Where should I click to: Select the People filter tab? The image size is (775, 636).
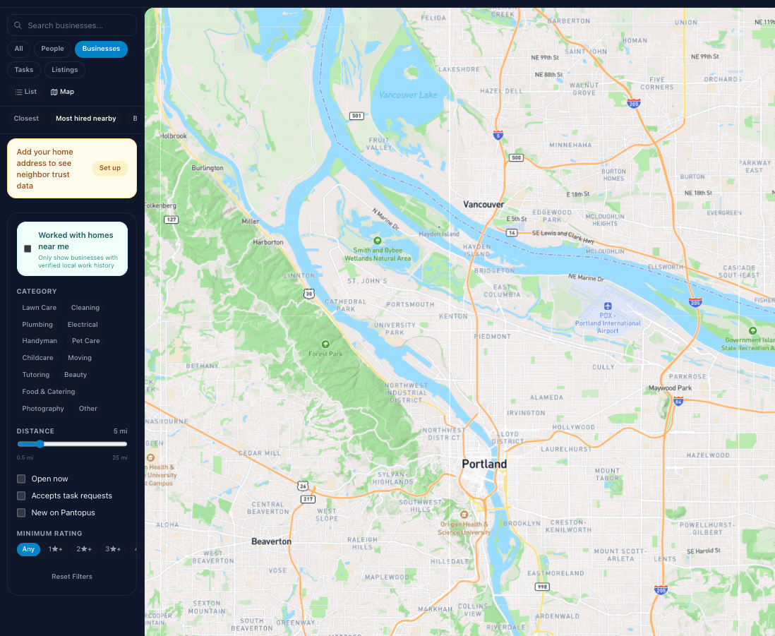pos(52,49)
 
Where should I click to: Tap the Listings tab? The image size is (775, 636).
pos(65,70)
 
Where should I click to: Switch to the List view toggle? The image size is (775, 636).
pos(26,92)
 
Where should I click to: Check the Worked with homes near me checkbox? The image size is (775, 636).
pos(28,248)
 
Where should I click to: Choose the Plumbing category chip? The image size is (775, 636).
pos(37,325)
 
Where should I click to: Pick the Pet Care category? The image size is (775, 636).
pos(86,341)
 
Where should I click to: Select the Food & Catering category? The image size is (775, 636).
pos(49,392)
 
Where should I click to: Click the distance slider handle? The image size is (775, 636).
pos(40,444)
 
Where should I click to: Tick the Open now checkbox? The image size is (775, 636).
pos(21,479)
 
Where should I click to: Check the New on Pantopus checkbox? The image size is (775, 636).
pos(21,512)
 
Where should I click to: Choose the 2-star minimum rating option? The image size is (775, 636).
pos(84,549)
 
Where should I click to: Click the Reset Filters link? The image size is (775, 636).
pos(72,577)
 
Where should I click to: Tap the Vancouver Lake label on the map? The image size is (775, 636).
pos(408,95)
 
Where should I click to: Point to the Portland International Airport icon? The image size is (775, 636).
pos(608,306)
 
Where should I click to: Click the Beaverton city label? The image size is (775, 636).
pos(271,541)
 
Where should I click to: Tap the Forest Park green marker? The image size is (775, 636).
pos(325,344)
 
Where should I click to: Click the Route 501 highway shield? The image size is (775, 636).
pos(356,116)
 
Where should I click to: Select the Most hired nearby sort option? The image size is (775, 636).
pos(86,119)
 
